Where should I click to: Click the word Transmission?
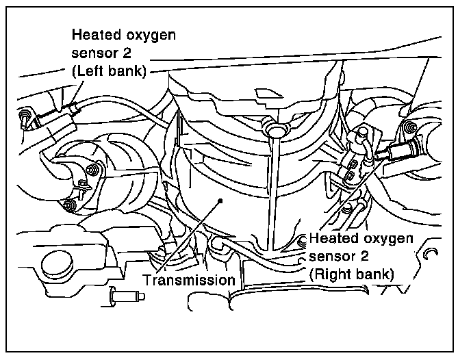coord(189,280)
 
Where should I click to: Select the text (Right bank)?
coord(352,274)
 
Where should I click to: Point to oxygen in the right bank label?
coord(389,239)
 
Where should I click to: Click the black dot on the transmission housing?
coord(220,201)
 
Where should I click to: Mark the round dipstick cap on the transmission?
coord(275,129)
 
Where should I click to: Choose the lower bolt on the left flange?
coord(68,205)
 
